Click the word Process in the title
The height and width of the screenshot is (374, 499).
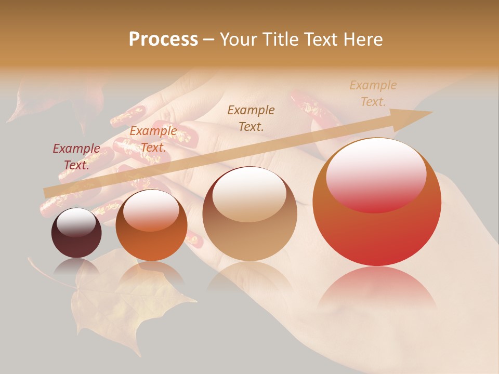tap(163, 39)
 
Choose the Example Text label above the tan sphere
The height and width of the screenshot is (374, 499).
tap(251, 118)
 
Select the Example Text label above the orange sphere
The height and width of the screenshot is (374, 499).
tap(153, 139)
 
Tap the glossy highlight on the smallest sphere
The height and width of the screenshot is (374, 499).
tap(76, 222)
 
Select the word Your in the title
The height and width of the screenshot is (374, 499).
tap(240, 39)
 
